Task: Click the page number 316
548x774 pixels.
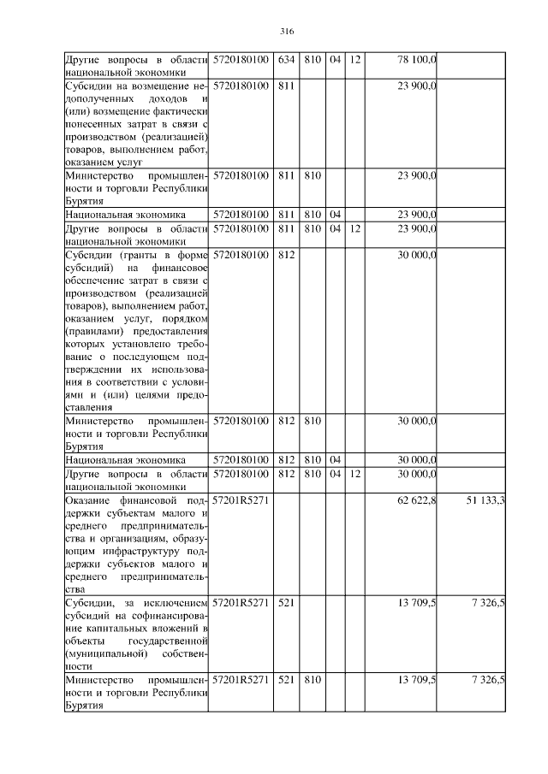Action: pyautogui.click(x=287, y=32)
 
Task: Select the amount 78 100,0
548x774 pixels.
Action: pyautogui.click(x=417, y=59)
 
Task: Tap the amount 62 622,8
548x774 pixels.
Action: pyautogui.click(x=417, y=499)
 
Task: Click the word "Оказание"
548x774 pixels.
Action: pyautogui.click(x=90, y=499)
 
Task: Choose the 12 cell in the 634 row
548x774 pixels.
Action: pyautogui.click(x=355, y=59)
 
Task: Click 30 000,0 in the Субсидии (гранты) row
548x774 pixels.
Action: pyautogui.click(x=417, y=254)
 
